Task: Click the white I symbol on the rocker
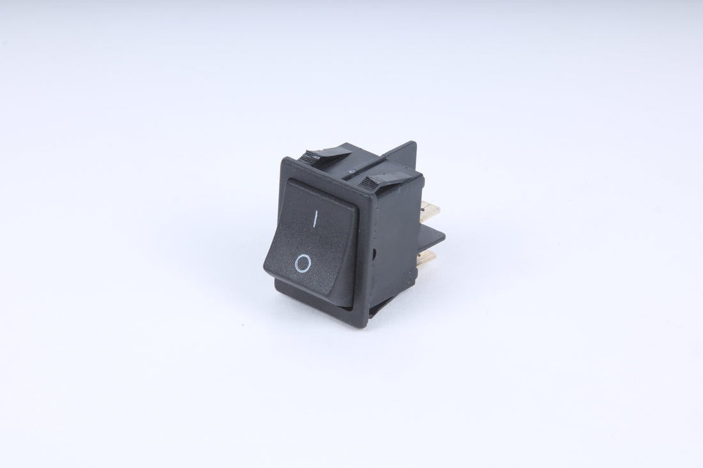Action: click(x=314, y=220)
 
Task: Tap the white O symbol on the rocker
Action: click(x=304, y=262)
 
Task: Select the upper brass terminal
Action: click(x=429, y=210)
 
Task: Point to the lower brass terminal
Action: click(x=426, y=257)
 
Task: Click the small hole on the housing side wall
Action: click(x=375, y=253)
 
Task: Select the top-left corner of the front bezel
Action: click(x=284, y=158)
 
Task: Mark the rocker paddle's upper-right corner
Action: click(x=355, y=206)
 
